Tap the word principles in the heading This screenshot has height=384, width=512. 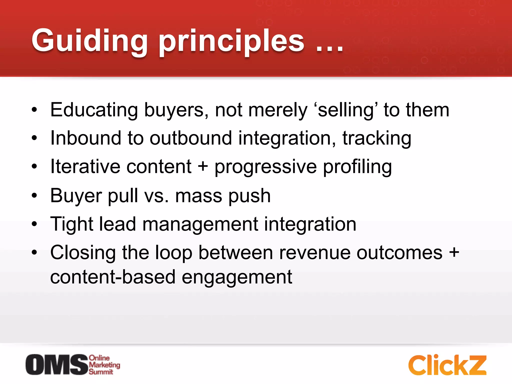(x=231, y=41)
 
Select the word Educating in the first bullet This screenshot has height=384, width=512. (x=94, y=110)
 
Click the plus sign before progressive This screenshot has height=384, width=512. (x=203, y=167)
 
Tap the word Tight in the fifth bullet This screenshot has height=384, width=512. (x=72, y=224)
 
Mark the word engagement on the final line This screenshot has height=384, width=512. (x=236, y=277)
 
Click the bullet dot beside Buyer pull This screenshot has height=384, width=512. (x=34, y=195)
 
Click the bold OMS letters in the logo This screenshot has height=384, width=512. (x=57, y=364)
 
